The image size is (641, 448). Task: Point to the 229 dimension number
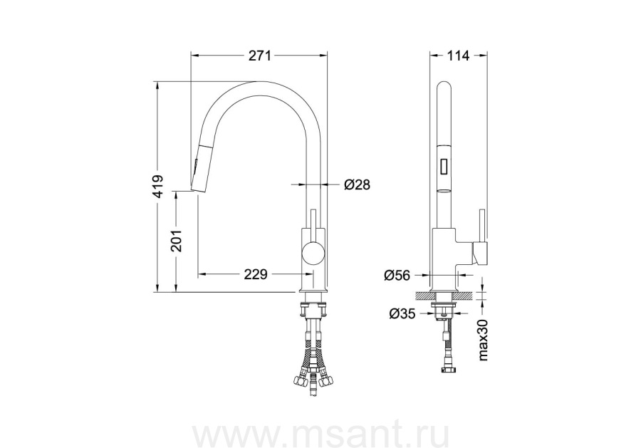pyautogui.click(x=256, y=274)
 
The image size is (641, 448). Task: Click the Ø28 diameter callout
pyautogui.click(x=357, y=184)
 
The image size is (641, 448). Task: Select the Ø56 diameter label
pyautogui.click(x=397, y=275)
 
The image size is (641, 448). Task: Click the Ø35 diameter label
pyautogui.click(x=402, y=313)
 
